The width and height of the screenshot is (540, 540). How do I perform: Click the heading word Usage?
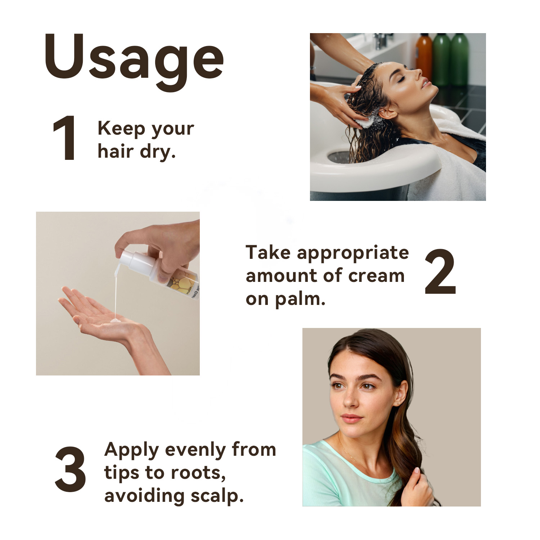click(x=134, y=61)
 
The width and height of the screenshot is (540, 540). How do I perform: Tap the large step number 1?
click(x=65, y=138)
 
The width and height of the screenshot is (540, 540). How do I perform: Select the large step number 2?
click(x=440, y=272)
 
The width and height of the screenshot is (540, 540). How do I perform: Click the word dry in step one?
click(x=158, y=152)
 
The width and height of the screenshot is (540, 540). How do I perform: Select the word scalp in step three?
click(x=217, y=496)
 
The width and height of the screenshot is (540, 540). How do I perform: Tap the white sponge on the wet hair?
click(x=365, y=121)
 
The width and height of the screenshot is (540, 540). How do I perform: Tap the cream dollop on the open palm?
click(x=116, y=320)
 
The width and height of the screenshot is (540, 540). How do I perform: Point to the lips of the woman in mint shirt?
click(x=351, y=418)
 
